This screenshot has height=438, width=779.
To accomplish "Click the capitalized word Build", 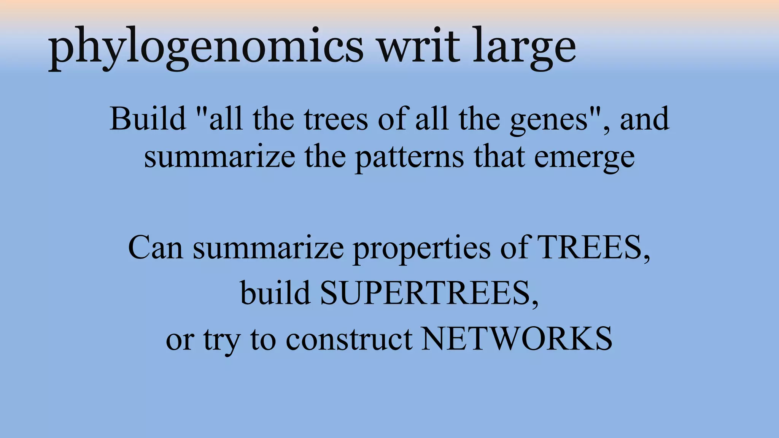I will [148, 119].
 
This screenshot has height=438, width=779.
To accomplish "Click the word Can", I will [156, 248].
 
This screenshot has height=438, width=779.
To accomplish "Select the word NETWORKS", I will [517, 339].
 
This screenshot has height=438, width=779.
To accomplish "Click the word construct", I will [349, 339].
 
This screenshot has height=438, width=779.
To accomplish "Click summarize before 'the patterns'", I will [219, 157].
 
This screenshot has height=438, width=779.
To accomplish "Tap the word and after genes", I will [644, 119].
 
